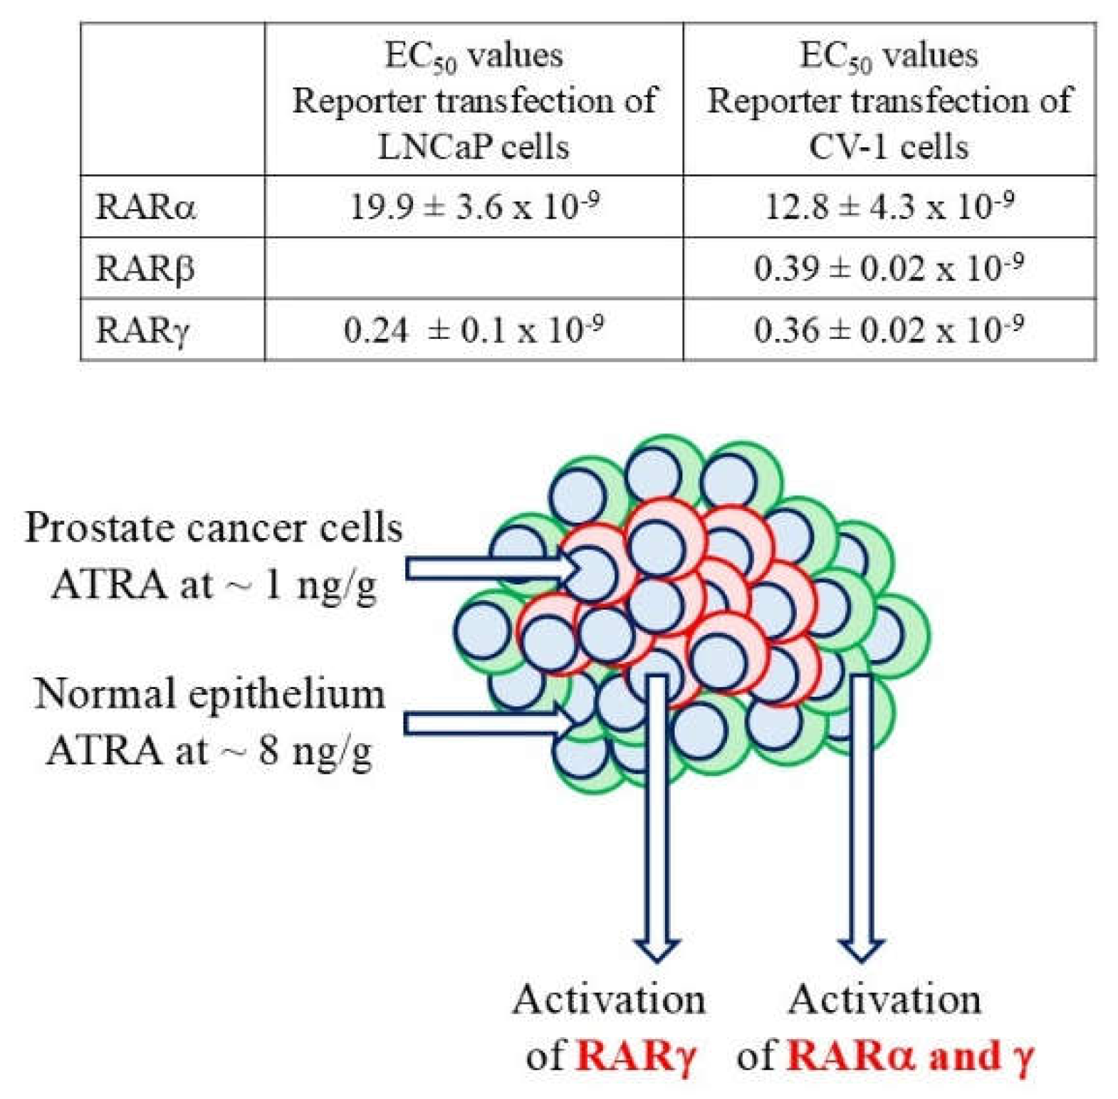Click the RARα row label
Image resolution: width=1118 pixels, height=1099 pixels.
click(x=145, y=207)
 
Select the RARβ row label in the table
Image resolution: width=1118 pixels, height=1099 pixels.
click(x=145, y=269)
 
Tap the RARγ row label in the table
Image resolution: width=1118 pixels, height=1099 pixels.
click(x=143, y=330)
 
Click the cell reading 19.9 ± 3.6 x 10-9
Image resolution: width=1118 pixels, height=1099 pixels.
click(x=474, y=206)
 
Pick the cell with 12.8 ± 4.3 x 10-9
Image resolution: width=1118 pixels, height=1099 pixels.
click(x=889, y=206)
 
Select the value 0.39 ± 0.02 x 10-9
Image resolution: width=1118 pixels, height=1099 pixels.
click(x=889, y=268)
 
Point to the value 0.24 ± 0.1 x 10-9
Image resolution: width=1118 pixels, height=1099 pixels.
click(x=474, y=330)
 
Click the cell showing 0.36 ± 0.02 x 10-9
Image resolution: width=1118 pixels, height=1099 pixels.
click(x=889, y=330)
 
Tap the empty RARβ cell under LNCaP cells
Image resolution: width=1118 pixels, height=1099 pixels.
click(x=474, y=268)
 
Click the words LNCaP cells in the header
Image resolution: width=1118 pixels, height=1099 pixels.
click(x=474, y=147)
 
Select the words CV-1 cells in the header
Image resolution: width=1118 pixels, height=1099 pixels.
click(x=889, y=147)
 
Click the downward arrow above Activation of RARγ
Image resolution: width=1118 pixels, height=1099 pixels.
click(x=657, y=819)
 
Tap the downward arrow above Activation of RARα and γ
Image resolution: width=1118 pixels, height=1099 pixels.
click(x=862, y=819)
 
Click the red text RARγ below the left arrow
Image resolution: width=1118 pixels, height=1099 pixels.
click(x=635, y=1056)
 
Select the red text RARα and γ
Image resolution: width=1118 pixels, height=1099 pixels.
click(x=910, y=1056)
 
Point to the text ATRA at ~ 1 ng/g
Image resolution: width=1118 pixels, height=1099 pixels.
click(x=214, y=586)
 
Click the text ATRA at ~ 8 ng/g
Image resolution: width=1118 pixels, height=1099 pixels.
click(x=209, y=750)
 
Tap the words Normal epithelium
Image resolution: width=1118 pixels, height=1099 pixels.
click(x=209, y=693)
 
